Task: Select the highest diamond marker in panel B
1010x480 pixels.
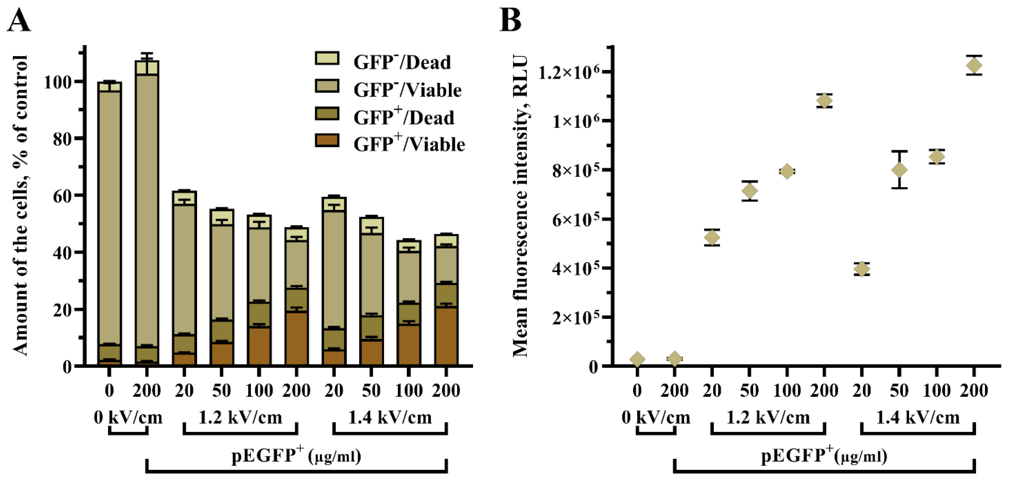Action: (974, 65)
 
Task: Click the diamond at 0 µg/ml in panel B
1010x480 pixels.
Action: (637, 359)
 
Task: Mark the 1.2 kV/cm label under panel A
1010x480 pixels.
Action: (240, 418)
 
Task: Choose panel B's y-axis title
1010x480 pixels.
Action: (521, 206)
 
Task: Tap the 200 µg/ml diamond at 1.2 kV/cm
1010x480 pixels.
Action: (824, 101)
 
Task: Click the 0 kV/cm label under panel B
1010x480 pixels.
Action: (656, 418)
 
